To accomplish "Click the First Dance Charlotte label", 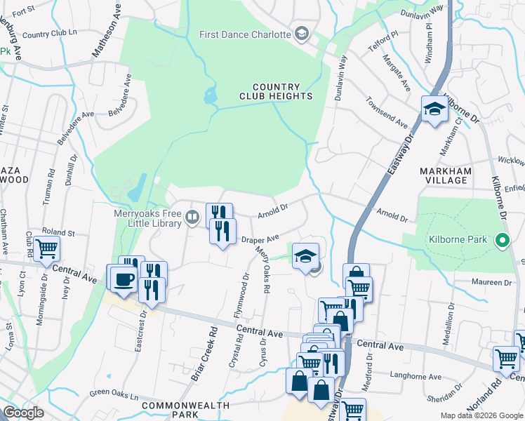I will pyautogui.click(x=245, y=34).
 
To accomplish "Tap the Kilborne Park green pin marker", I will pyautogui.click(x=502, y=240).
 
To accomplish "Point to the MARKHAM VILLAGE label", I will pyautogui.click(x=453, y=175).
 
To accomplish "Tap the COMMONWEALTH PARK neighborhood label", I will pyautogui.click(x=185, y=410).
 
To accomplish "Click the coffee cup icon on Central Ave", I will pyautogui.click(x=124, y=279).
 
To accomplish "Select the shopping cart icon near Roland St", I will pyautogui.click(x=46, y=248).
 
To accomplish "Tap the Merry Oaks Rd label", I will pyautogui.click(x=265, y=265).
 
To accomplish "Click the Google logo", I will pyautogui.click(x=23, y=413).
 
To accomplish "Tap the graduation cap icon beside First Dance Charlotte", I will pyautogui.click(x=302, y=34).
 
